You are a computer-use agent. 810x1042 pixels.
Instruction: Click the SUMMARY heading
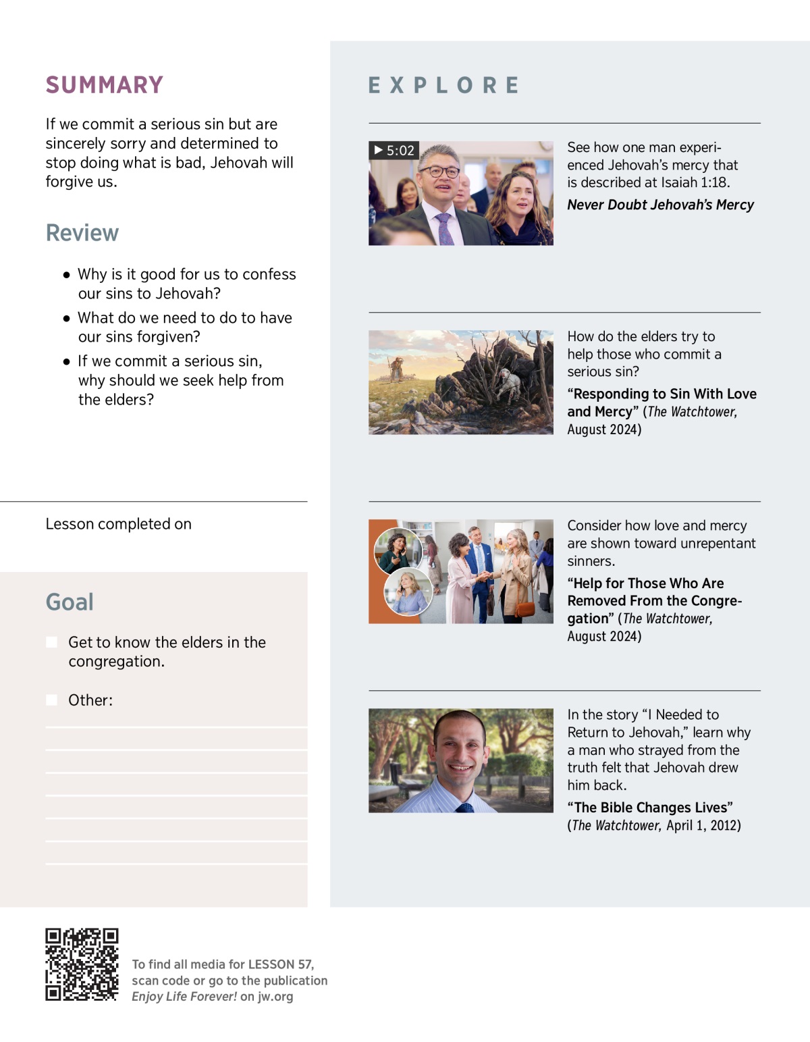coord(105,85)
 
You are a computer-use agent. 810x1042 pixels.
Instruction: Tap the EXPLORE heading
coord(443,86)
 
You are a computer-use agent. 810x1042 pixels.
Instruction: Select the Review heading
coord(82,233)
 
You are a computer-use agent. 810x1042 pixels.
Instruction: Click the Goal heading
coord(70,602)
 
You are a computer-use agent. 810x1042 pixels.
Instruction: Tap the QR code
coord(82,964)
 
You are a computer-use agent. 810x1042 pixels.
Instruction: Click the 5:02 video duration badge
coord(394,151)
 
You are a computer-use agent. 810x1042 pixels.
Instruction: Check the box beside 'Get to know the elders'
coord(51,642)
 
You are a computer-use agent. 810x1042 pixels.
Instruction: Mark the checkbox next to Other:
coord(51,700)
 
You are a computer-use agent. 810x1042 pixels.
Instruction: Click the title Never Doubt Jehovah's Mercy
coord(660,205)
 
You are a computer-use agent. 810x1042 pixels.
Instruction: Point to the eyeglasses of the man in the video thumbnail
coord(439,172)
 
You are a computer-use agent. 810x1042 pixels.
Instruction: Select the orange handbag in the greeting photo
coord(524,608)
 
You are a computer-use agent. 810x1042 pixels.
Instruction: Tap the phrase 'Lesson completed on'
coord(119,525)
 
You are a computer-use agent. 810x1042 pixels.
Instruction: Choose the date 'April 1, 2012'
coord(703,826)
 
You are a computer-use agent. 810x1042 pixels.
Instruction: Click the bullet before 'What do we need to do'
coord(66,318)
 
